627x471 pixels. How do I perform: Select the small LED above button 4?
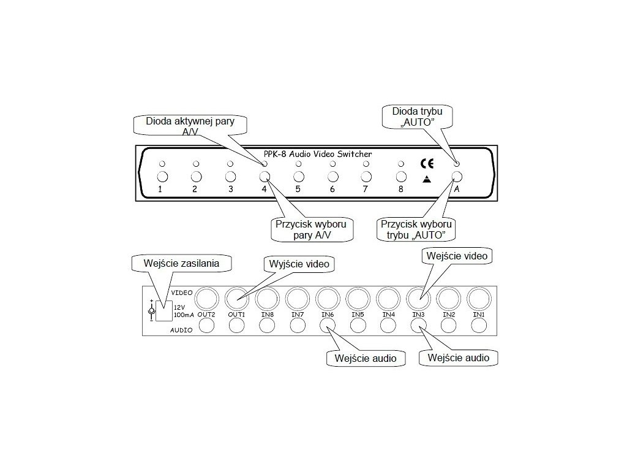[265, 164]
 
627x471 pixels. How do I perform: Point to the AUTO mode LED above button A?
[457, 164]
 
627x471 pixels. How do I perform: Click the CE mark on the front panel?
[427, 164]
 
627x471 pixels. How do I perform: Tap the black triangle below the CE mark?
[427, 180]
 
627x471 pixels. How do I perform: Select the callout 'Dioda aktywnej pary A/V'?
[190, 126]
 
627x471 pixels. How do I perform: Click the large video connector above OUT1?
[237, 299]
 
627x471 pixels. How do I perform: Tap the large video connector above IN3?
[418, 299]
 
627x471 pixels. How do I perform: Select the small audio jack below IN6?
[328, 326]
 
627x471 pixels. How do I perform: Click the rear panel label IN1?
[478, 315]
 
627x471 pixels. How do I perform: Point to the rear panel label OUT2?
[206, 315]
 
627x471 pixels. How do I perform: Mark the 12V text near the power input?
[179, 307]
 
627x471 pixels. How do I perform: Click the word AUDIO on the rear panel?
[182, 330]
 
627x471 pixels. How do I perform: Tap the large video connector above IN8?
[267, 299]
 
